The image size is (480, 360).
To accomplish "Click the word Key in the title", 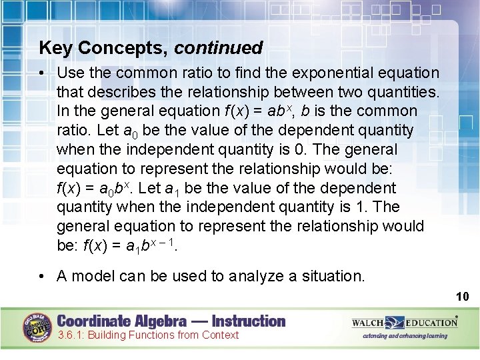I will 53,48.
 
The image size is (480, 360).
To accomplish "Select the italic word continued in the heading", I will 219,48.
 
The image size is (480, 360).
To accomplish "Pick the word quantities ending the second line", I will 404,91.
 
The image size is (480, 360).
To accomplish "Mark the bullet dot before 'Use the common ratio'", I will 43,73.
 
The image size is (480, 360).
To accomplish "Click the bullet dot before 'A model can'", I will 43,276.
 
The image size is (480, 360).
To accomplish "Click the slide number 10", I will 463,296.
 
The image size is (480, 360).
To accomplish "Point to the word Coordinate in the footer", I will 91,321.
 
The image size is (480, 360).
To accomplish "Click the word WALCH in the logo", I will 368,323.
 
